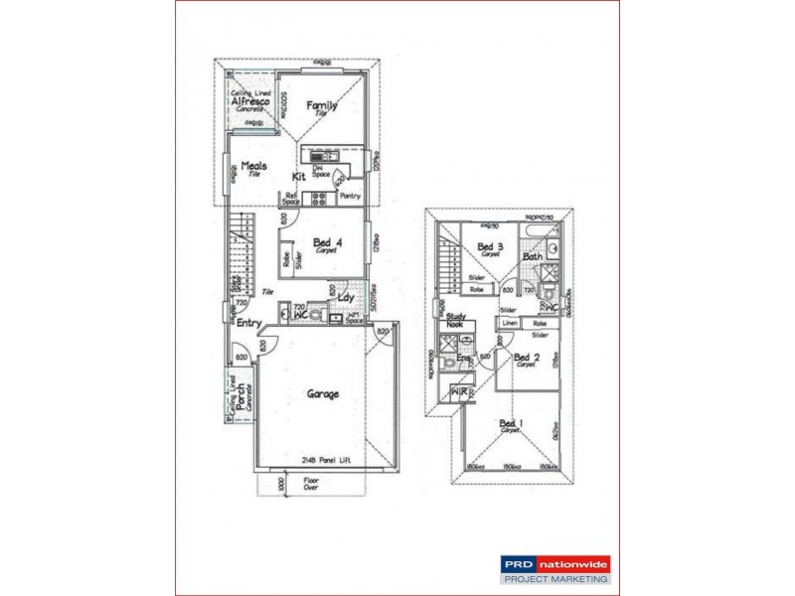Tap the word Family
click(321, 105)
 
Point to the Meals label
click(253, 167)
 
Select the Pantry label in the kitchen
click(350, 196)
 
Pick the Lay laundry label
click(346, 297)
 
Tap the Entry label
click(248, 324)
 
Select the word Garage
click(322, 393)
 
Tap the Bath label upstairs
click(534, 257)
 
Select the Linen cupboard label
click(509, 323)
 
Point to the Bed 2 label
click(527, 358)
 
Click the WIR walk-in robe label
click(459, 391)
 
